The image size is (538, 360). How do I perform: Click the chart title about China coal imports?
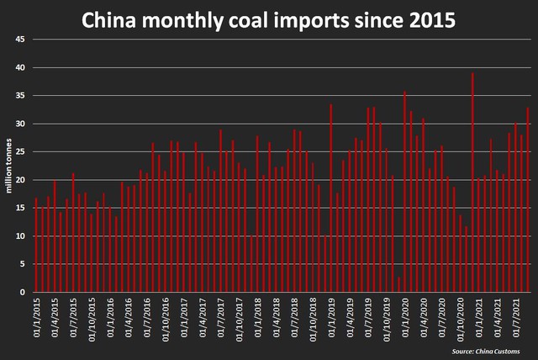point(268,19)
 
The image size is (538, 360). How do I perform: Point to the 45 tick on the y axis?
point(20,40)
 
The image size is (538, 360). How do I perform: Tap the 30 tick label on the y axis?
point(20,124)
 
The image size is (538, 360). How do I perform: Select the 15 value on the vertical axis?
point(20,208)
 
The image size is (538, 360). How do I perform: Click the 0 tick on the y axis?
point(23,292)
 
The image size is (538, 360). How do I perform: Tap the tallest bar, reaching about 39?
point(472,183)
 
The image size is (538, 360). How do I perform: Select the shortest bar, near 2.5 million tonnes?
point(398,284)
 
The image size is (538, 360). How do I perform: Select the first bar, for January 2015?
point(35,245)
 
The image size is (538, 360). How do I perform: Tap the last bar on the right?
point(528,200)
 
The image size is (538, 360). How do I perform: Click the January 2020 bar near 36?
point(404,192)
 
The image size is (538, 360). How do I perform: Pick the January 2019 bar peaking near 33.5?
point(331,199)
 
